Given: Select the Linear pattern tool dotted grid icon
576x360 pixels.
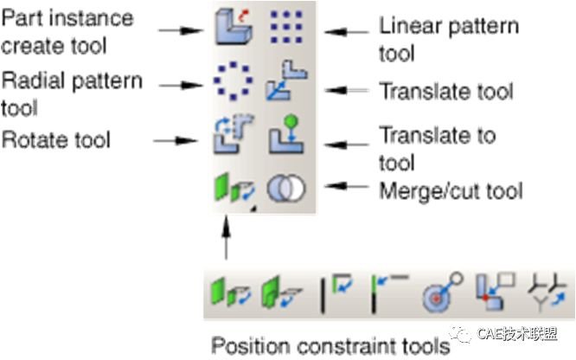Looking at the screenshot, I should point(281,28).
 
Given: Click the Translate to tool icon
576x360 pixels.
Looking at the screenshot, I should point(280,137).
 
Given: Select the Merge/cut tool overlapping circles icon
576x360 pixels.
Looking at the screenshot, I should point(282,189).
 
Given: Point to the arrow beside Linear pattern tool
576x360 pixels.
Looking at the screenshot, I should point(349,31).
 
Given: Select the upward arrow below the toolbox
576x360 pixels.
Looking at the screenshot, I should point(227,237).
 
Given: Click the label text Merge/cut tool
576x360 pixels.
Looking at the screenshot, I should point(451,190).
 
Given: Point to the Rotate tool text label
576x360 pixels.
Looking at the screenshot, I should point(57,138).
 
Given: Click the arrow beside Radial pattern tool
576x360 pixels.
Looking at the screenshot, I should point(190,85).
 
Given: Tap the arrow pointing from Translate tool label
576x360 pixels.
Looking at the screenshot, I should point(350,89).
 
